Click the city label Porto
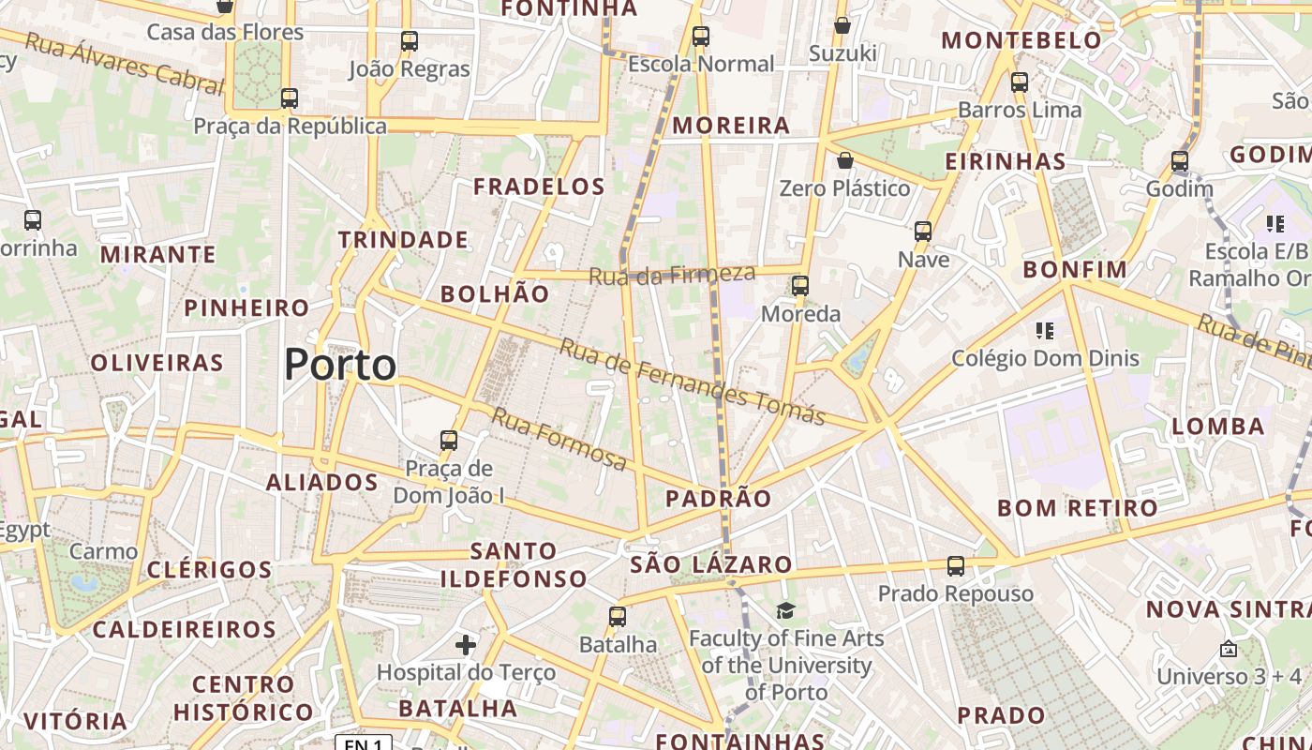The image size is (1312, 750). (x=340, y=364)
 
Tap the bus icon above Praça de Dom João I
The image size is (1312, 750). (x=449, y=440)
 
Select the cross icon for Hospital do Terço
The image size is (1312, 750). (x=466, y=645)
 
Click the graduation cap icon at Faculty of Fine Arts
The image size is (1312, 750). (x=785, y=611)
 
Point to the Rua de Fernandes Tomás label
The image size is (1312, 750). (x=692, y=381)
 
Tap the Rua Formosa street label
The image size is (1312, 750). (x=559, y=439)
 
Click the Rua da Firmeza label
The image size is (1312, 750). (x=672, y=275)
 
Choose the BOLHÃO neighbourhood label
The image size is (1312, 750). (x=495, y=293)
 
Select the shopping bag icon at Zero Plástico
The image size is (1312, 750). (x=845, y=161)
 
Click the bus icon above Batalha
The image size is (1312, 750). (x=618, y=616)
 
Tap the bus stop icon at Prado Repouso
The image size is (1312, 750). (x=956, y=566)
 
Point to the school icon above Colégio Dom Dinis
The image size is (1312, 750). (x=1046, y=330)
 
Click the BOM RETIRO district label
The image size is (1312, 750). (x=1078, y=508)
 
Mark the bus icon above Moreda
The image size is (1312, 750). (x=800, y=286)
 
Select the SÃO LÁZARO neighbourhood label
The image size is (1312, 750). (x=711, y=564)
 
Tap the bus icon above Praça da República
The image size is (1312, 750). (x=290, y=98)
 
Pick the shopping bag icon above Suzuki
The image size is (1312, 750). (x=842, y=25)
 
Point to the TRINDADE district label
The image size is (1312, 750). (x=403, y=240)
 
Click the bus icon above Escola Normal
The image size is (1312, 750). (x=701, y=37)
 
